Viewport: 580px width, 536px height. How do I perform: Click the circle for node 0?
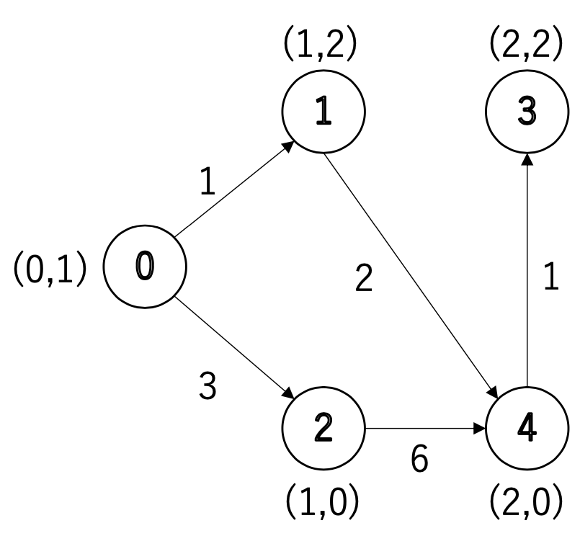click(x=145, y=266)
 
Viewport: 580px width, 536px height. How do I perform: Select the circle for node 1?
click(x=324, y=113)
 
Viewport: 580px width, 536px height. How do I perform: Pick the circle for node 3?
click(x=527, y=113)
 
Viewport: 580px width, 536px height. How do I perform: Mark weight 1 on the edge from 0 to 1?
click(x=208, y=184)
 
